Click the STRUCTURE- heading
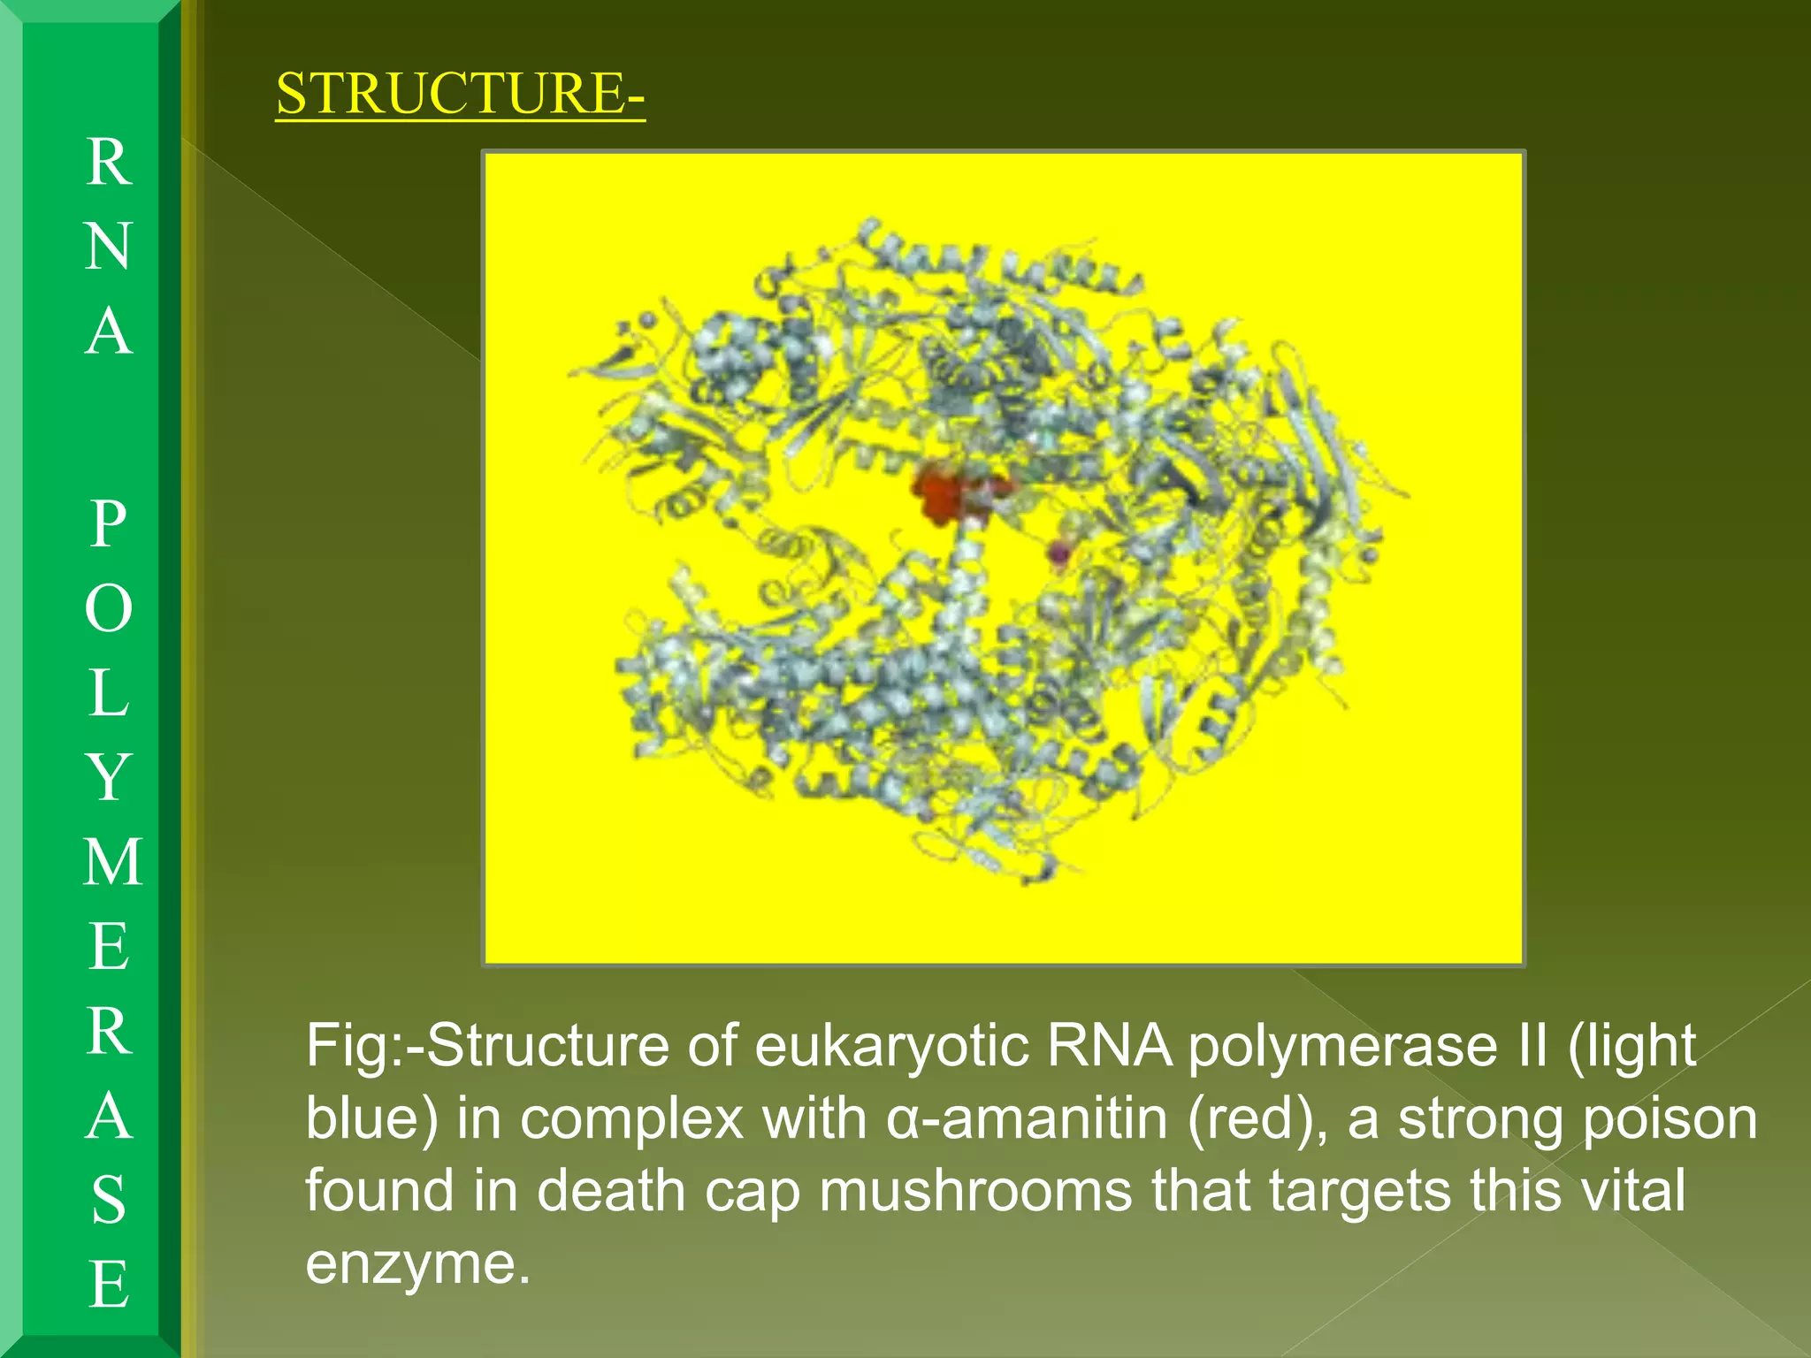coord(460,93)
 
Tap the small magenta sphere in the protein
coord(1058,554)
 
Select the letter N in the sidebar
coord(109,247)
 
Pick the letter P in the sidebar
coord(109,523)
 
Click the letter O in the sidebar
coord(109,608)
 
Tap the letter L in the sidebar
coord(109,692)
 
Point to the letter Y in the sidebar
coord(109,777)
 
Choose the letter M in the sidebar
coord(112,862)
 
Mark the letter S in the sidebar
coord(109,1200)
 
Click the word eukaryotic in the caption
coord(891,1046)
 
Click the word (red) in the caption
coord(1257,1118)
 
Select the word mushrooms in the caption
coord(975,1190)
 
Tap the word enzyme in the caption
coord(417,1263)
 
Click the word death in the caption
coord(611,1190)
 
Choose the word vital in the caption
coord(1632,1190)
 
